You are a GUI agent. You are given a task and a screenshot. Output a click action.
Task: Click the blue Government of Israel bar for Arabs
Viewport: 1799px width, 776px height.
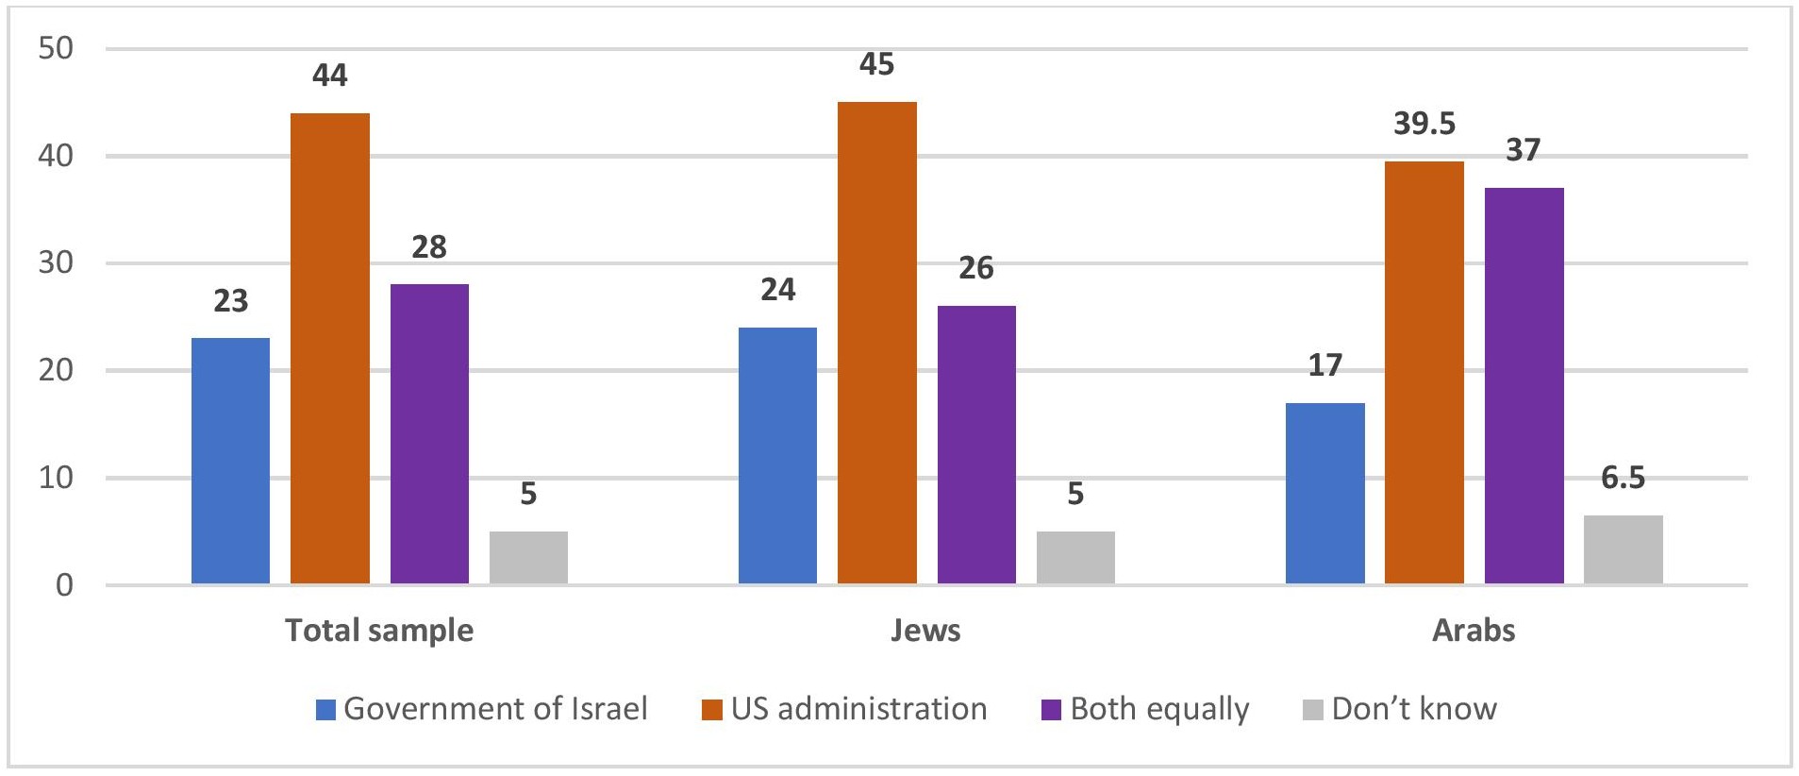coord(1324,494)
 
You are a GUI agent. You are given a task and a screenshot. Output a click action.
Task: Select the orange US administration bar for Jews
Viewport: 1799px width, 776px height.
coord(876,343)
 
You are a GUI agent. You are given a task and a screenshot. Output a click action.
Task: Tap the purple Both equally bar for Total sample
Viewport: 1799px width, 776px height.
coord(429,434)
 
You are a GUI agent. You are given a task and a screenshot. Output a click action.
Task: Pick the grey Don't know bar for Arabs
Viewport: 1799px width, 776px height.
coord(1623,549)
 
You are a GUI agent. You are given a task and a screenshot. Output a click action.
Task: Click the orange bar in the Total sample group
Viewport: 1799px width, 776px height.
coord(329,348)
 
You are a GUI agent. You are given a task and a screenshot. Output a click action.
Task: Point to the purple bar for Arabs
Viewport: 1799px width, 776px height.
coord(1524,385)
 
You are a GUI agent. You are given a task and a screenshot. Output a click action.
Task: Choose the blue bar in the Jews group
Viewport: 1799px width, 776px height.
coord(777,456)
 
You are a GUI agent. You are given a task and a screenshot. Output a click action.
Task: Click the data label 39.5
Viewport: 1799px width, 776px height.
coord(1424,124)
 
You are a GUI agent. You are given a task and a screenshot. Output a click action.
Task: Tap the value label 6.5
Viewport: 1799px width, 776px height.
coord(1623,478)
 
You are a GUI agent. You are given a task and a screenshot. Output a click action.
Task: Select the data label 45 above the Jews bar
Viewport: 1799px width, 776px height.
coord(876,64)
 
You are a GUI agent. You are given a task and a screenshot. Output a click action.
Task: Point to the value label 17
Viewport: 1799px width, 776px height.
coord(1324,365)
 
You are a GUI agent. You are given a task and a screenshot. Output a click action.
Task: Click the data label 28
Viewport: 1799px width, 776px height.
coord(429,247)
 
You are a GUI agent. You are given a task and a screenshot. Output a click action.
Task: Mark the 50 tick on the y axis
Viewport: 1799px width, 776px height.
coord(56,48)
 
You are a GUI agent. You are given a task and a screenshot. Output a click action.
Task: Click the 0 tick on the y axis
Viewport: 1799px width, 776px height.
coord(64,585)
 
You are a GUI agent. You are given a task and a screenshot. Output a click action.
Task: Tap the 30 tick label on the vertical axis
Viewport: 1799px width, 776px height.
coord(56,262)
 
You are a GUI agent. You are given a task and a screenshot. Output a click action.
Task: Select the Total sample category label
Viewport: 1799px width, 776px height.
coord(379,631)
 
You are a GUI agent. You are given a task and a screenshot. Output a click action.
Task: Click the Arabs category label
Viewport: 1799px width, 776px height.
coord(1474,631)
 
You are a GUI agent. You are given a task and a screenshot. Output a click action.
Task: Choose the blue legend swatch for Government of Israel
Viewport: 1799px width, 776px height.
coord(325,710)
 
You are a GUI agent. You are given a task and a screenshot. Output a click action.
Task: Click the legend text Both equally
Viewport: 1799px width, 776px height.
coord(1159,709)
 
